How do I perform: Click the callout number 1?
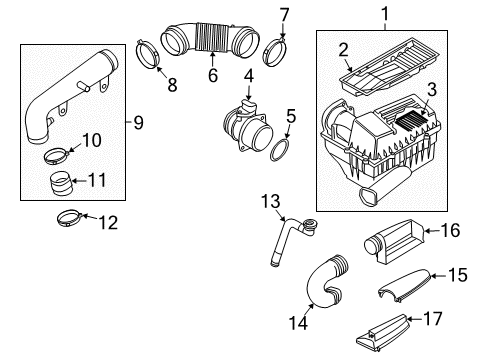pos(385,14)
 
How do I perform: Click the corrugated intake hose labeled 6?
pos(209,39)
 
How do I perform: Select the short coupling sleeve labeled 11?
pos(60,183)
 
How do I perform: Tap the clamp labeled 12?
pos(69,217)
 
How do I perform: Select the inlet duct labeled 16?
pos(393,241)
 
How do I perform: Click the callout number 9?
pos(138,122)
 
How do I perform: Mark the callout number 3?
pos(432,90)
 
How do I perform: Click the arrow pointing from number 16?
pos(432,231)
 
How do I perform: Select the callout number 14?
pos(298,323)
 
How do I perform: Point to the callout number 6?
pos(213,75)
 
